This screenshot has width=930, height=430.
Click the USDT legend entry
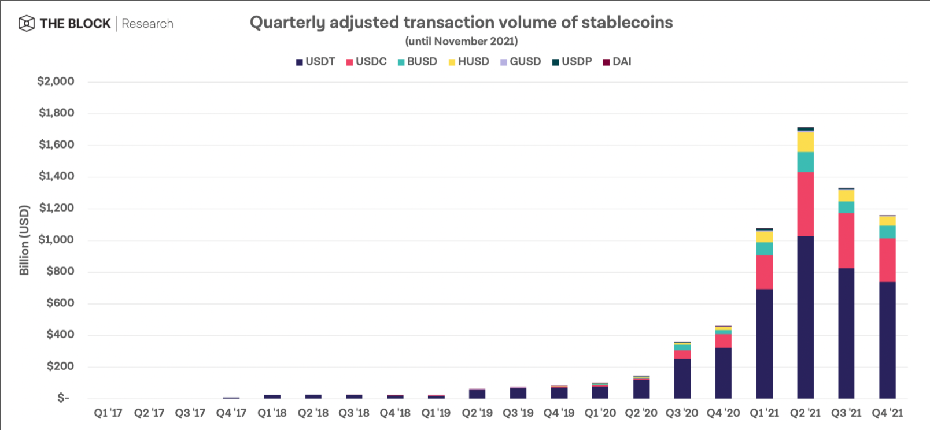316,62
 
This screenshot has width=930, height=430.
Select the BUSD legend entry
417,62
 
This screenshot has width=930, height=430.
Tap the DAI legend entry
617,62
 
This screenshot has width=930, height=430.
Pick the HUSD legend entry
468,62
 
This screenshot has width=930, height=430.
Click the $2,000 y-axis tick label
56,81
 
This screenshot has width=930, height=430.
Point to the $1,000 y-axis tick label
56,240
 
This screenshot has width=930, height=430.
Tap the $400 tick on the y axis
60,335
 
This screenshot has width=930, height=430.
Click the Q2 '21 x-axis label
805,413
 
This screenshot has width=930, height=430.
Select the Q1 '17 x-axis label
108,413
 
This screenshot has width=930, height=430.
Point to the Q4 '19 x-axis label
559,413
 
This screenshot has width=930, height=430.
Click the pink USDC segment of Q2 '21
805,204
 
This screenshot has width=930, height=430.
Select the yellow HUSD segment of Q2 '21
805,142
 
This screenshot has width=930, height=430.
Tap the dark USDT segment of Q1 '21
764,344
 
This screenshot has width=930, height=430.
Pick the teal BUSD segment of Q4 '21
887,232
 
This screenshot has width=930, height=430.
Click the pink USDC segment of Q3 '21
846,240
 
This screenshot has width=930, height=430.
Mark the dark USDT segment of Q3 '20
682,379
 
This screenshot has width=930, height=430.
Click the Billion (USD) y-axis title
24,240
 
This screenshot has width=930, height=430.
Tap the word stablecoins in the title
627,23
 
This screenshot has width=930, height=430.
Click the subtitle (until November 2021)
462,41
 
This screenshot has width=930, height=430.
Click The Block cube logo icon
27,24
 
